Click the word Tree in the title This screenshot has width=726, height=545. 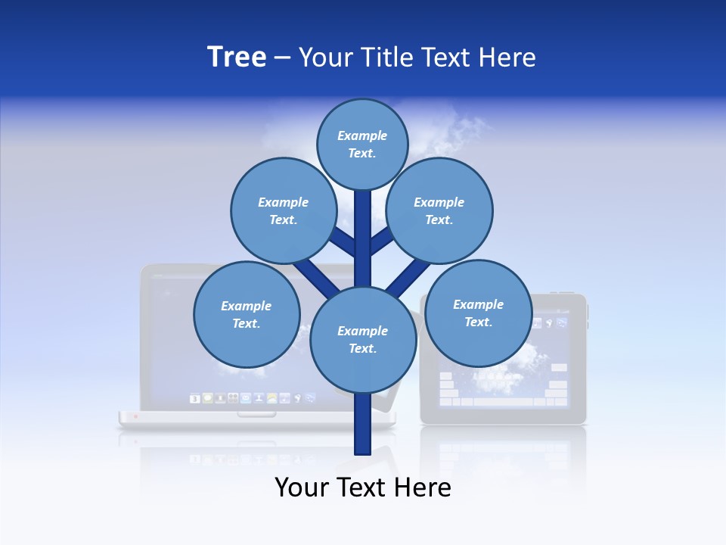237,57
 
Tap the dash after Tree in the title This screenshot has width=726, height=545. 283,58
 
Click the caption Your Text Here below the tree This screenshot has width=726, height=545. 363,487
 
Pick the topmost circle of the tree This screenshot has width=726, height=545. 362,144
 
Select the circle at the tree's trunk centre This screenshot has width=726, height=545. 363,340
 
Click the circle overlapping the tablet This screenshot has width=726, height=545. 478,313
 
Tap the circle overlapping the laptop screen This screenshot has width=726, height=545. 247,314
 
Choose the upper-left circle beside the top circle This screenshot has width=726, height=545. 283,210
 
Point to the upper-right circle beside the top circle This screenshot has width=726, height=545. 439,210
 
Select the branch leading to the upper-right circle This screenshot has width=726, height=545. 382,242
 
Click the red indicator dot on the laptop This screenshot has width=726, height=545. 135,416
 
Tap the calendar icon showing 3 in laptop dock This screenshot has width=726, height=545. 194,398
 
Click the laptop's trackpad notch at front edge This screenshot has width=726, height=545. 256,414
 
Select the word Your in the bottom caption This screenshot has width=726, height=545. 302,487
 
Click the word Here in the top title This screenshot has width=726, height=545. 507,57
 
